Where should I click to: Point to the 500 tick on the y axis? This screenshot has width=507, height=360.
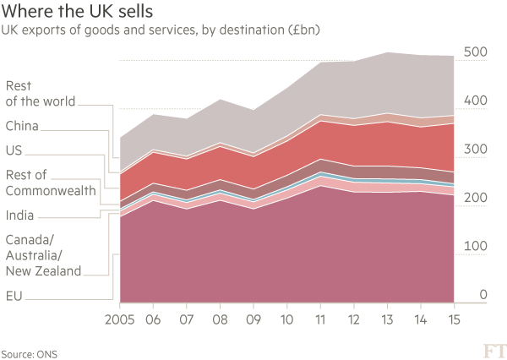[x=475, y=52]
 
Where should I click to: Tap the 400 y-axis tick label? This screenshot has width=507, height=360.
[x=475, y=101]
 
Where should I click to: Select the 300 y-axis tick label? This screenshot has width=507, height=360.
[x=475, y=150]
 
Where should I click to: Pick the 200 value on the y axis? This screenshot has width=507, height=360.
[x=475, y=198]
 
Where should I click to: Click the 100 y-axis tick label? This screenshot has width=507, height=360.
[x=475, y=246]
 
